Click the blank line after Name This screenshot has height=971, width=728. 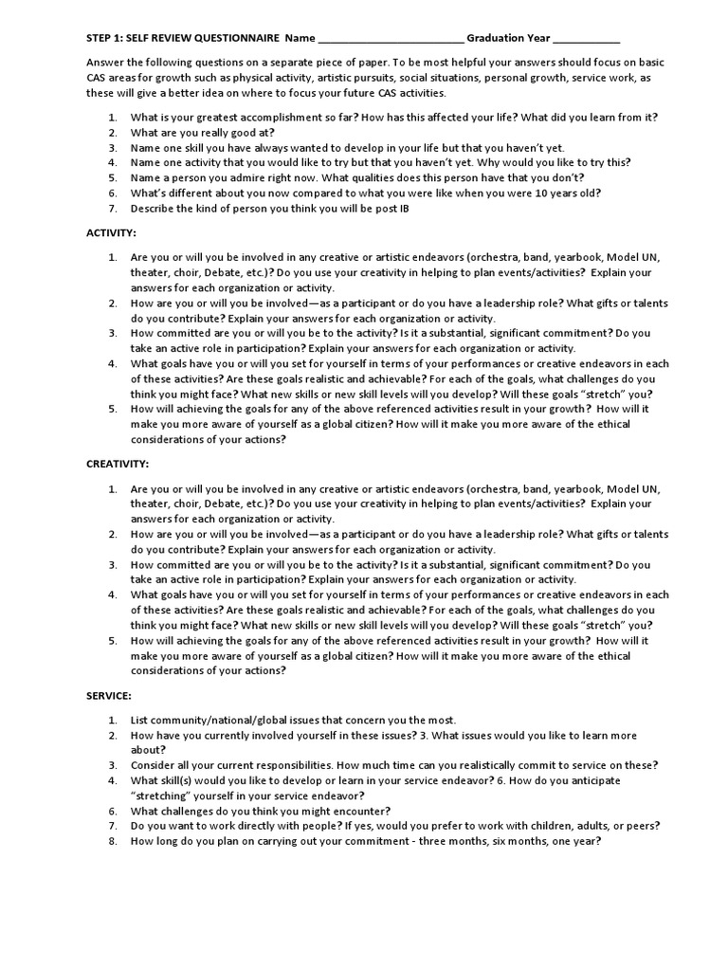[391, 41]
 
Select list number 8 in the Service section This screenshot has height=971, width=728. [111, 841]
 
